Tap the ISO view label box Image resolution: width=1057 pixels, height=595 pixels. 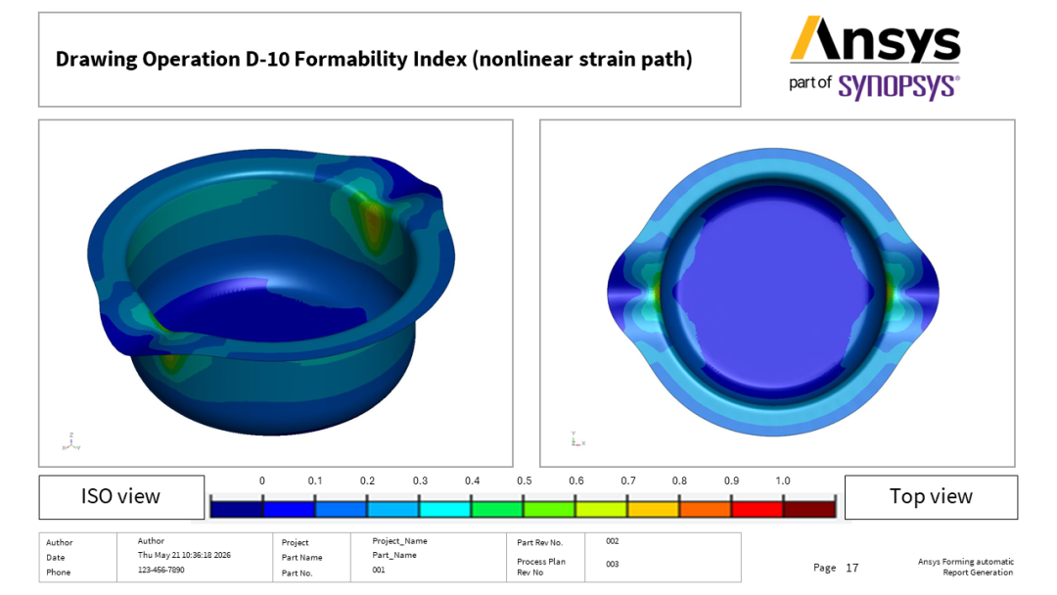(x=121, y=496)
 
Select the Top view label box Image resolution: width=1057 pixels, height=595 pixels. (x=931, y=496)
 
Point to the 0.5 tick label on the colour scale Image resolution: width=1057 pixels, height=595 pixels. (x=525, y=481)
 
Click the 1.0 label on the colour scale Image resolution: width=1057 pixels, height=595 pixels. (x=783, y=481)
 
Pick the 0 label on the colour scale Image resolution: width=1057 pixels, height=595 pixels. (x=262, y=481)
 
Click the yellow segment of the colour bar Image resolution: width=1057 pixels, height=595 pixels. (x=653, y=507)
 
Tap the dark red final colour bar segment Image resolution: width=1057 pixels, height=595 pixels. (x=809, y=507)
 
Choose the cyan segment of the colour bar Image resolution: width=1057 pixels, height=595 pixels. (x=445, y=507)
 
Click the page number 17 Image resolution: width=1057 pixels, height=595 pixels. (x=852, y=568)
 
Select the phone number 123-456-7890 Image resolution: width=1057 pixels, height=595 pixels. (x=161, y=570)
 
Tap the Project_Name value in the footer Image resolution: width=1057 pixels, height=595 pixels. (x=399, y=540)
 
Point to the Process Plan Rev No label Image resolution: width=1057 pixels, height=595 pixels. (x=541, y=567)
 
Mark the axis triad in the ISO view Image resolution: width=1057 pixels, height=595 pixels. (x=70, y=442)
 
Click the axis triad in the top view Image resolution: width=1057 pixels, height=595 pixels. (x=577, y=438)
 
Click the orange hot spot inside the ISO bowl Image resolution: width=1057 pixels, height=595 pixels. (x=372, y=219)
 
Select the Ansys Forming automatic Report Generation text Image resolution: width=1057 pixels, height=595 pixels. (x=965, y=567)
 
